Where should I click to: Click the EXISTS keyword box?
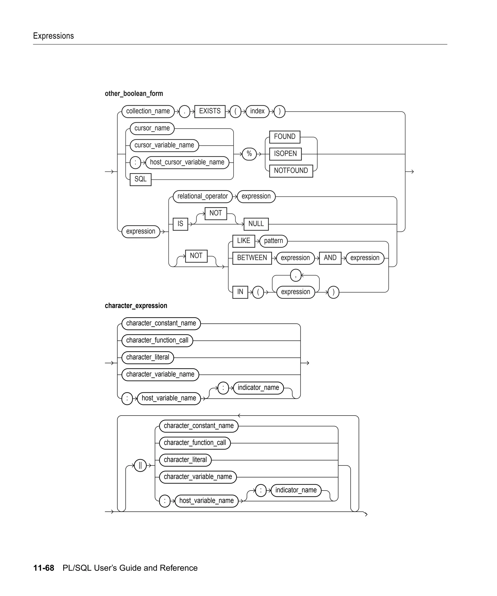pyautogui.click(x=210, y=111)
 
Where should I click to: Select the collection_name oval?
pyautogui.click(x=148, y=111)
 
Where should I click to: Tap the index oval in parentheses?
pyautogui.click(x=257, y=111)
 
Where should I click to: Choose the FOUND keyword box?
pyautogui.click(x=285, y=137)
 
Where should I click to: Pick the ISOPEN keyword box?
pyautogui.click(x=285, y=154)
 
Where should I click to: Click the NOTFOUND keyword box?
pyautogui.click(x=291, y=171)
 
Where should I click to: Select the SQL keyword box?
pyautogui.click(x=140, y=179)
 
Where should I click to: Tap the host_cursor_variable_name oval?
pyautogui.click(x=187, y=162)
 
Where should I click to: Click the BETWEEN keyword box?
pyautogui.click(x=252, y=258)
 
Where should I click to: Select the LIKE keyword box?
pyautogui.click(x=243, y=241)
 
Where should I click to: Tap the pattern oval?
pyautogui.click(x=273, y=241)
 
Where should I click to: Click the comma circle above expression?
pyautogui.click(x=296, y=275)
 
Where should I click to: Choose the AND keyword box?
pyautogui.click(x=330, y=258)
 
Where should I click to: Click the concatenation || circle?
pyautogui.click(x=140, y=466)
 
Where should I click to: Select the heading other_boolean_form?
pyautogui.click(x=134, y=94)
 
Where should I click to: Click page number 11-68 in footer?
pyautogui.click(x=44, y=568)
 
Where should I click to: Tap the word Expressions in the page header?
pyautogui.click(x=53, y=36)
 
